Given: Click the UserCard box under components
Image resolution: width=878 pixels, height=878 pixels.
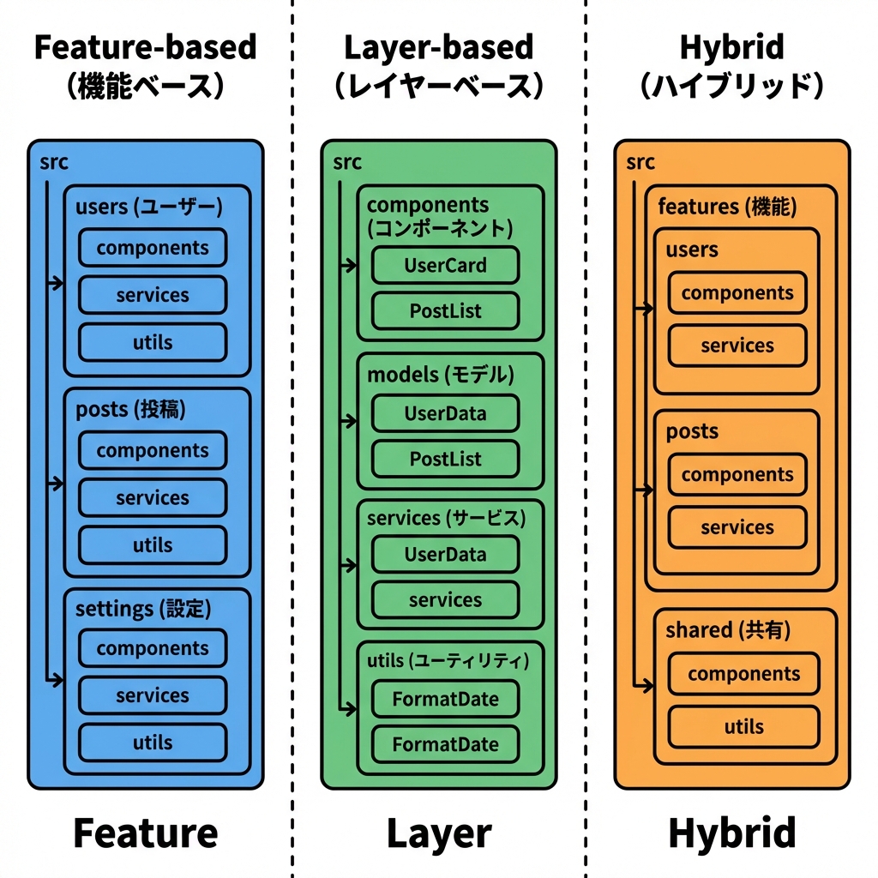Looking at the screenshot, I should tap(445, 266).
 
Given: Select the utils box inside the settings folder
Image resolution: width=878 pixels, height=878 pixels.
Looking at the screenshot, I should tap(153, 743).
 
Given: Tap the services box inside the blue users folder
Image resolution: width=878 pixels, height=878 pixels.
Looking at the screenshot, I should tap(153, 295).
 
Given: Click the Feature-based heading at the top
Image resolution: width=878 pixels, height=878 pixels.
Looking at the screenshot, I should tap(145, 47).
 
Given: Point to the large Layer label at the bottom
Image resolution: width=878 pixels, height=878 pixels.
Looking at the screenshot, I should tap(439, 833).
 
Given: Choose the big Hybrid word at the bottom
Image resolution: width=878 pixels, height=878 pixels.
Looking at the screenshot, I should tap(731, 833).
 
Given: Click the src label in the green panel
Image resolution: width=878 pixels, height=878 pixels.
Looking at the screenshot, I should tap(347, 162).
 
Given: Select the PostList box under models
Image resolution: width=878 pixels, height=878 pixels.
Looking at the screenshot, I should tap(445, 459).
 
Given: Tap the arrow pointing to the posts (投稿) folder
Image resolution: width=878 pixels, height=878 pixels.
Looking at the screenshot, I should tap(56, 484).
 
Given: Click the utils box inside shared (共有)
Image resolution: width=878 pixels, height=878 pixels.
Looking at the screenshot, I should tap(743, 727).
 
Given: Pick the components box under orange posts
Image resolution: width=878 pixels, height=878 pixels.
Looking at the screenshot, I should tap(737, 475).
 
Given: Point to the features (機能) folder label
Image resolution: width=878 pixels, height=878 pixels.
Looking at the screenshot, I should tap(726, 207).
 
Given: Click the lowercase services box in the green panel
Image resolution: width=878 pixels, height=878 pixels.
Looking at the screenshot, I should tap(445, 600).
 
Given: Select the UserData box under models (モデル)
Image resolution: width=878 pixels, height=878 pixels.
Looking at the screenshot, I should tap(445, 413).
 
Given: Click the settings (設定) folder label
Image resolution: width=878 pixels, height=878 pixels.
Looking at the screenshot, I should tap(142, 609).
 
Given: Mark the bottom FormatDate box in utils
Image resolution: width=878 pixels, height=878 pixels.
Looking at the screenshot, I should tap(445, 744).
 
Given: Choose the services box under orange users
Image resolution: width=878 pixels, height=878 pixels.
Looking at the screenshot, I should tap(737, 346).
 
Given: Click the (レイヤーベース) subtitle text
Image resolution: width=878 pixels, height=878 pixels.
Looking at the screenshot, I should tap(438, 87).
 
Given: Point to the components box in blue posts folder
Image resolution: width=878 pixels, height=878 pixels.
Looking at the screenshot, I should tap(153, 450).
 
